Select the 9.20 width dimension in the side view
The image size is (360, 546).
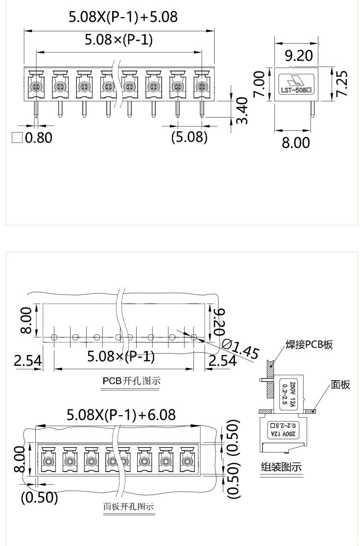(x=298, y=56)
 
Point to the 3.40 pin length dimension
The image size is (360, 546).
(x=241, y=111)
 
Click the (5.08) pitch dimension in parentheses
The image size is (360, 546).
(x=189, y=137)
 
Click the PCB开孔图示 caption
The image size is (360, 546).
(x=132, y=380)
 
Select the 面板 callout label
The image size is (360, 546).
(x=340, y=385)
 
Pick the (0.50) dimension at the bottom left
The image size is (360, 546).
(x=39, y=498)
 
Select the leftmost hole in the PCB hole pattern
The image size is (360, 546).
(x=54, y=337)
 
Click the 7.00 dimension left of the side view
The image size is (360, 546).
(x=259, y=84)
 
